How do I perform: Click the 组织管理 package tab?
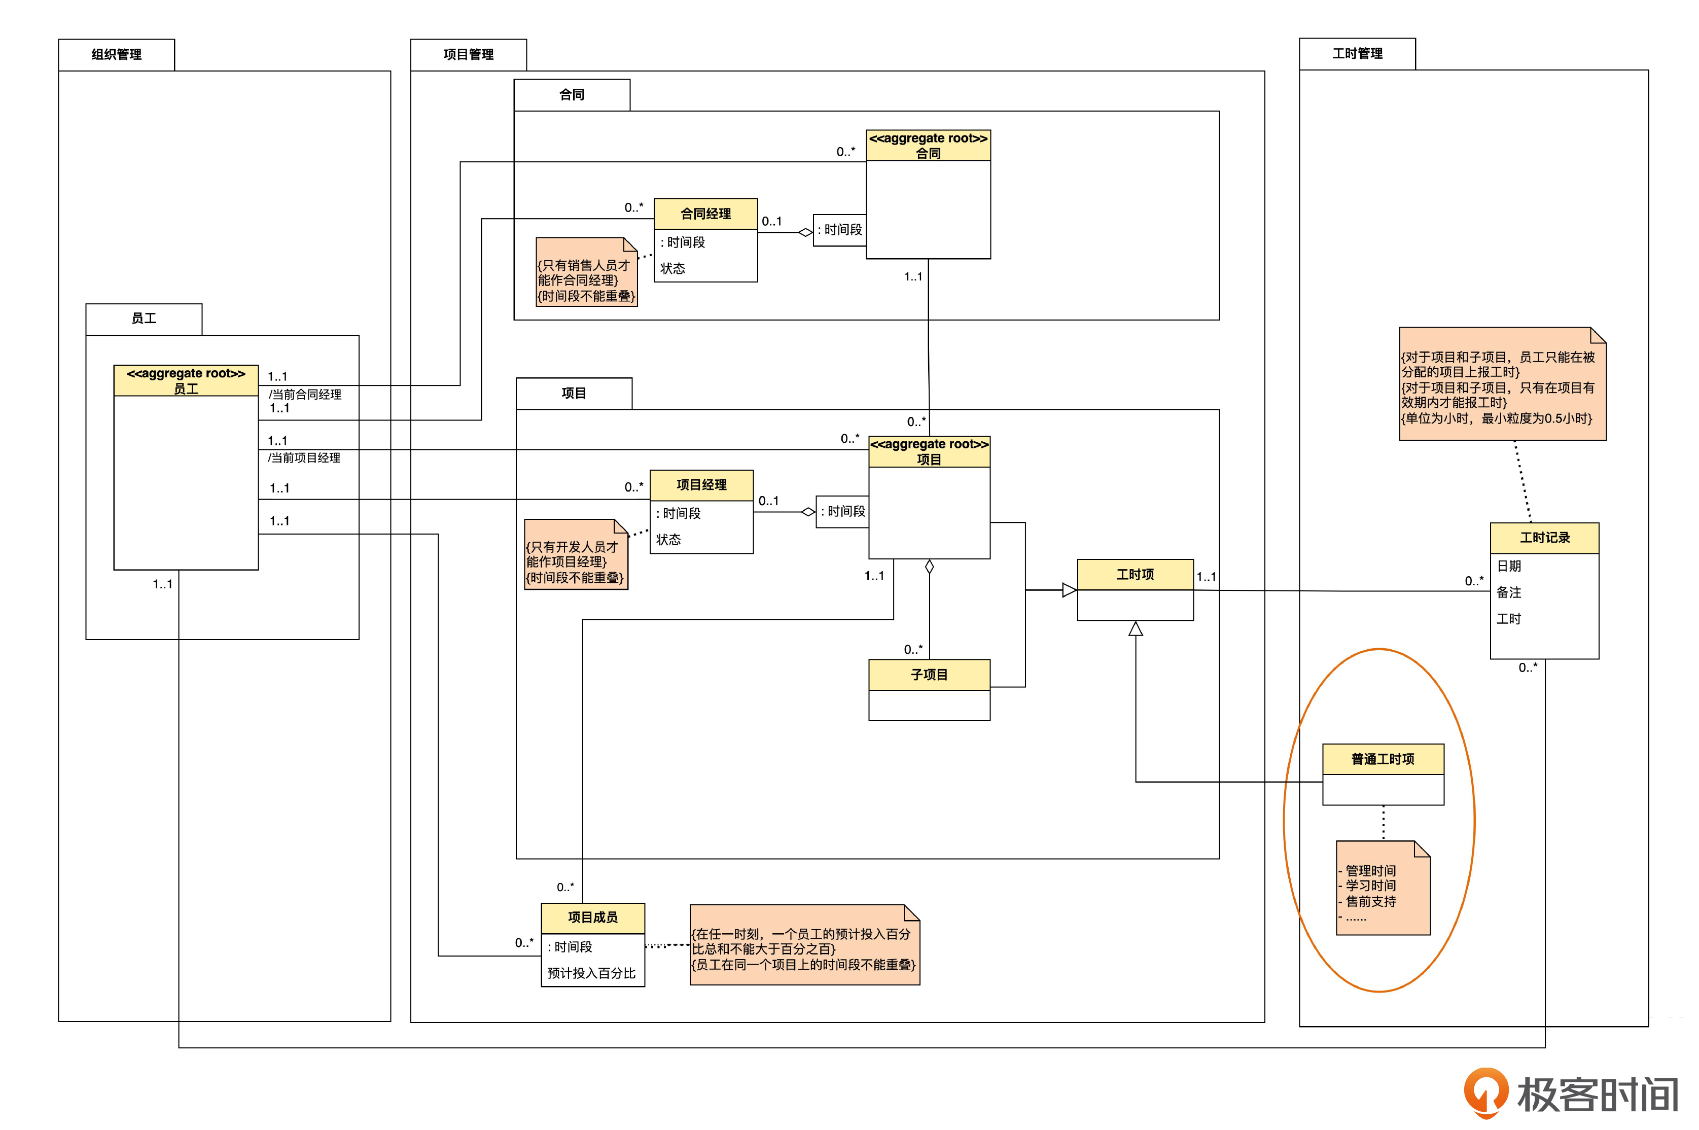116,55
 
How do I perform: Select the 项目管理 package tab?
468,55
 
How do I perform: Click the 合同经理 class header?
705,214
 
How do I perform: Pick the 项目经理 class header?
701,485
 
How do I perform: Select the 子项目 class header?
929,675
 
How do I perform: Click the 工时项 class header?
1135,574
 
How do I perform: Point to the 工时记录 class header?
1544,538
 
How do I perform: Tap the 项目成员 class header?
592,917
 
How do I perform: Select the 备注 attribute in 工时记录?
1509,592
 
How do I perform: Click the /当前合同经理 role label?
305,394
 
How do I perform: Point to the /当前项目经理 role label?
304,457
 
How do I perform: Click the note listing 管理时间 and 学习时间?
1382,888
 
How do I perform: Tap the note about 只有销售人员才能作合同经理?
586,274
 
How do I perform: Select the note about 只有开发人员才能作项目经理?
575,555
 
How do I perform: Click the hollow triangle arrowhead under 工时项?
1136,629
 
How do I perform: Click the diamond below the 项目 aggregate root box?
930,567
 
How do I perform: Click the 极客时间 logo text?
1598,1096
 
